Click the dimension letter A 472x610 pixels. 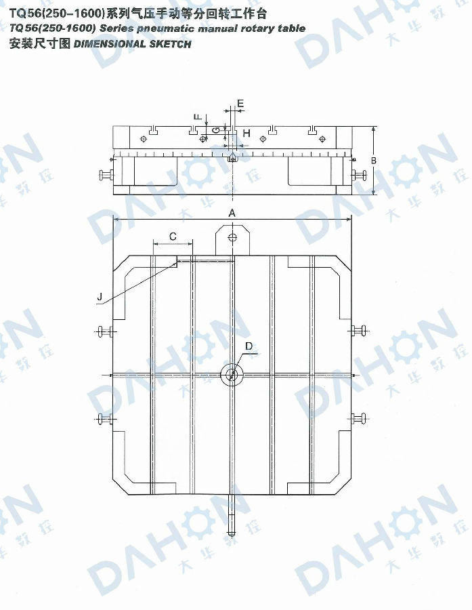(x=232, y=213)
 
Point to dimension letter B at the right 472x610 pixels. (x=374, y=160)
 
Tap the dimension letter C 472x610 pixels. (x=173, y=236)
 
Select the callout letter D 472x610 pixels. (x=249, y=346)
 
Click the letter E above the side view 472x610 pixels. (x=240, y=104)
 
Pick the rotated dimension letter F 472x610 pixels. (x=198, y=117)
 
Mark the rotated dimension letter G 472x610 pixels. (x=217, y=130)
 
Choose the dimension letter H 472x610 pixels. (x=246, y=134)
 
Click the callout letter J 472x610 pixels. (x=100, y=297)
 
